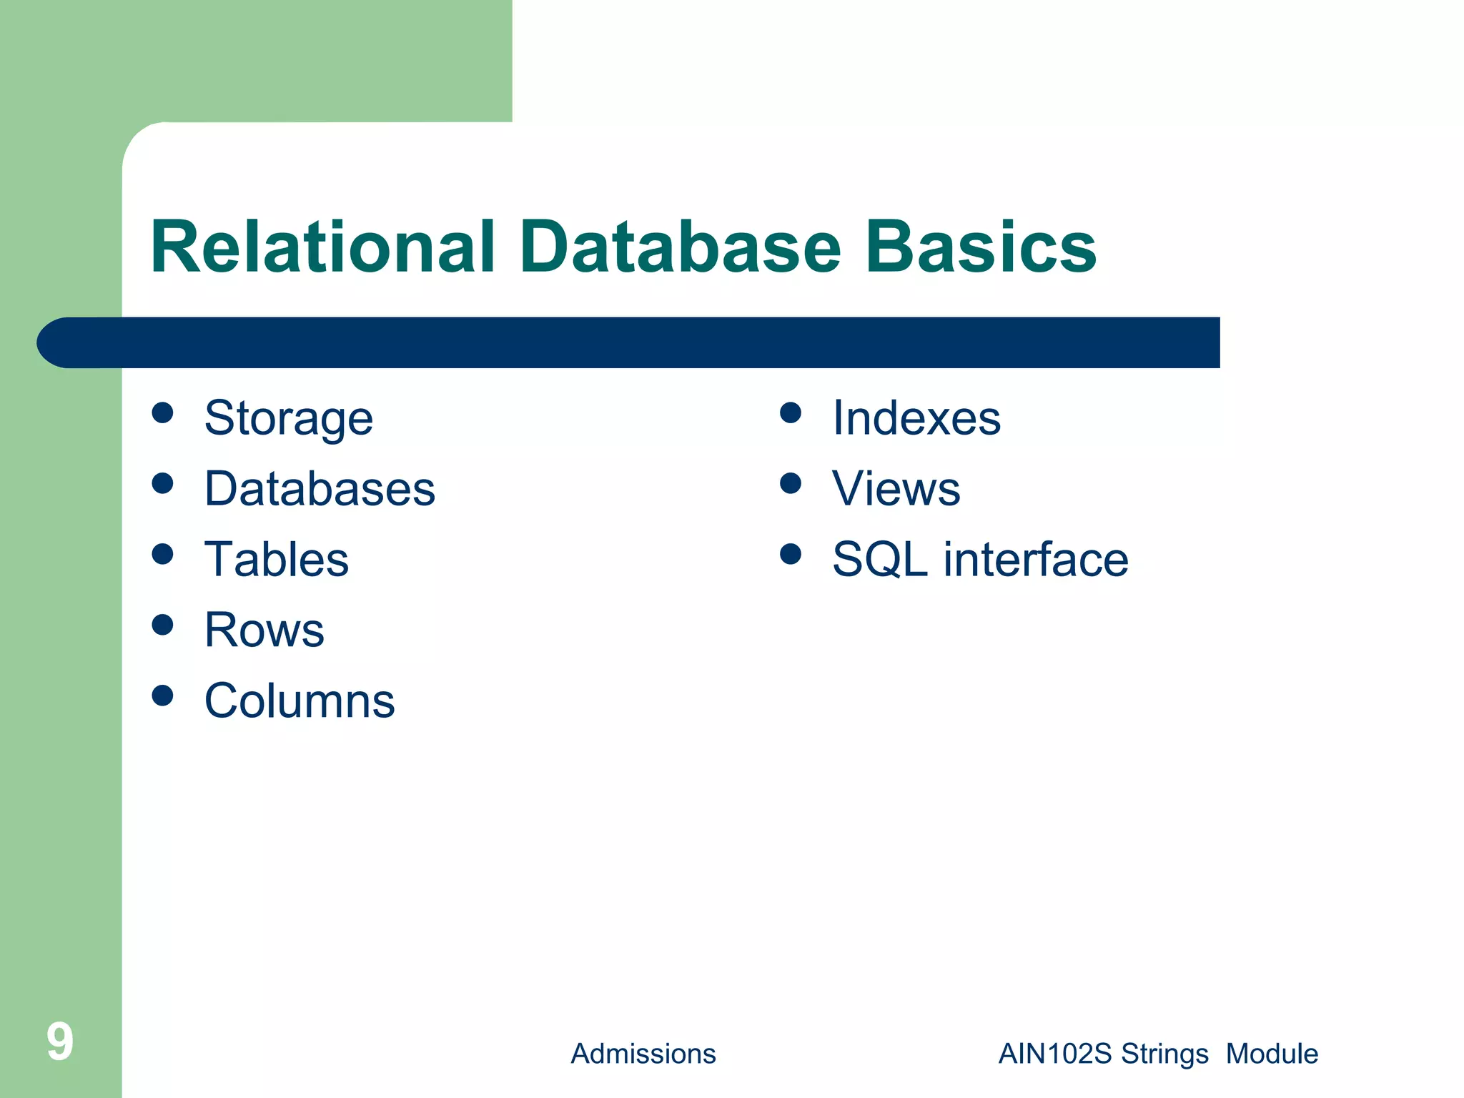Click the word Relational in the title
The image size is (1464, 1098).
pos(322,247)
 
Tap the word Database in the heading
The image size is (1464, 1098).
pos(680,247)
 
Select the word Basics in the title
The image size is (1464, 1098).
pos(980,247)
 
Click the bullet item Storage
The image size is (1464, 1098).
pos(288,418)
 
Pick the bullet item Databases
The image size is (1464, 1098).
pos(320,489)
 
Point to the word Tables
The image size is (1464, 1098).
pos(277,559)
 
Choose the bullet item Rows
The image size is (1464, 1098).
pos(264,630)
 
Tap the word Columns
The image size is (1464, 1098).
pos(300,701)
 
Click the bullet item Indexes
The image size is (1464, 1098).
pos(916,418)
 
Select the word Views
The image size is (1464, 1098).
pos(896,489)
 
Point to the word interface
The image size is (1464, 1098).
pos(1036,559)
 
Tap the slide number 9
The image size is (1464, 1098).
pos(59,1042)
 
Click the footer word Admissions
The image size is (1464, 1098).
pos(643,1054)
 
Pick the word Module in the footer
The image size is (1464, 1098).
pos(1272,1054)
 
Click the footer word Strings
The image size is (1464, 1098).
pos(1164,1054)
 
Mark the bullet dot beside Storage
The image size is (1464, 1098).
pos(163,412)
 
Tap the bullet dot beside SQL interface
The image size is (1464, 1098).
pos(791,554)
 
